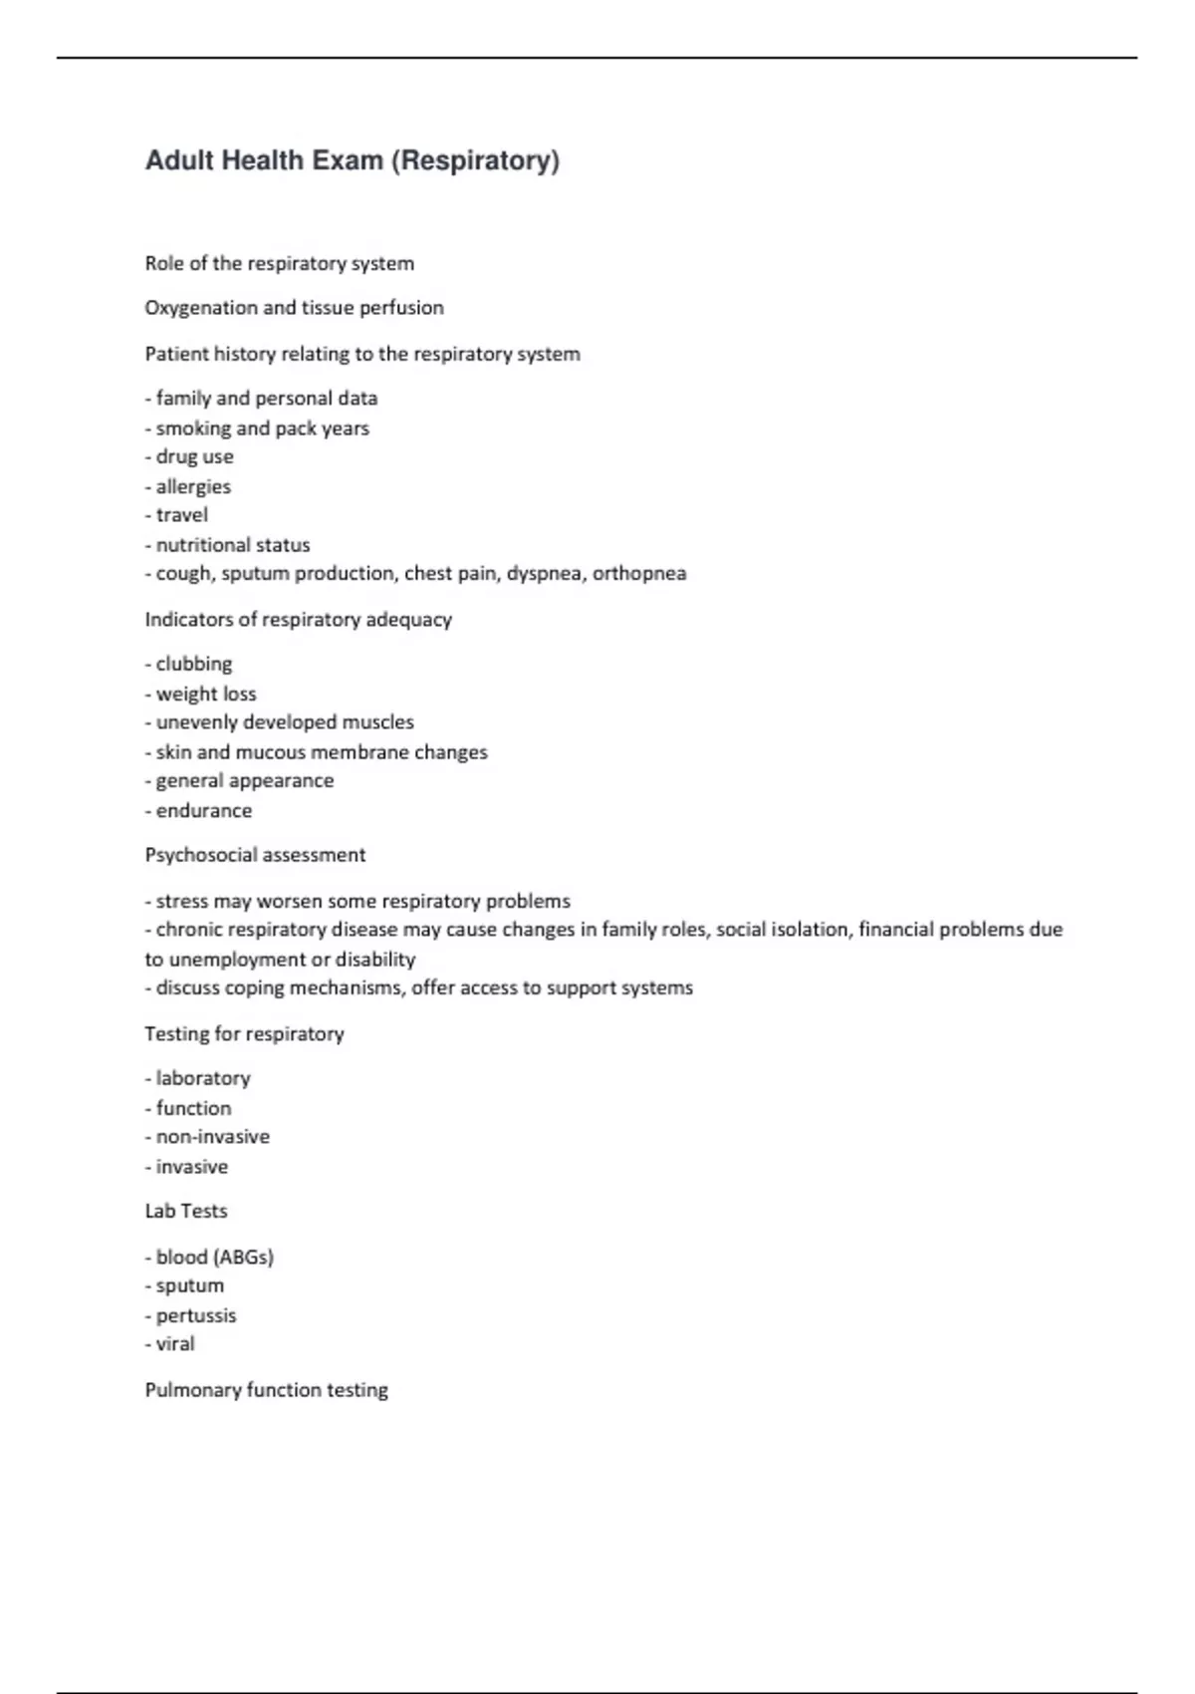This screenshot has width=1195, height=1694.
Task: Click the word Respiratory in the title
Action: click(x=475, y=160)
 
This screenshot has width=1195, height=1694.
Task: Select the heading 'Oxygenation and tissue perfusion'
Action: click(x=294, y=308)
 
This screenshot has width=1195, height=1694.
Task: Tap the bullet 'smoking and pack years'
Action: click(x=262, y=427)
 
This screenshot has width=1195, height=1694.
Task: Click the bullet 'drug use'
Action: click(x=194, y=456)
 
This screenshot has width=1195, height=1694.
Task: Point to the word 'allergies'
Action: click(x=193, y=486)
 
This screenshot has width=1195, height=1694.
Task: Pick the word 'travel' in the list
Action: click(x=181, y=515)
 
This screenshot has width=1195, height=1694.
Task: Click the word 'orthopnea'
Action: click(x=639, y=573)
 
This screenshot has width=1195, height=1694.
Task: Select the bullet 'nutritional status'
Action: click(x=232, y=545)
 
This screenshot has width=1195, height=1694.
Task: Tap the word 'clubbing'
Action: click(x=193, y=664)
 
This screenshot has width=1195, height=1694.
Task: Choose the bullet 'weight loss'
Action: click(x=205, y=694)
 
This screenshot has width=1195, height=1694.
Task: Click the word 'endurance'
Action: click(x=203, y=810)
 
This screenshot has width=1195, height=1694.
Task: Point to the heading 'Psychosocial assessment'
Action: click(x=255, y=855)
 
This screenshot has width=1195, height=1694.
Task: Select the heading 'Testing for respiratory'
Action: click(x=244, y=1033)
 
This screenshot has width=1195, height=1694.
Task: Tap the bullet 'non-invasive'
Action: click(x=212, y=1137)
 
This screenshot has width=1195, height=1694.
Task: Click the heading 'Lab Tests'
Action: click(x=186, y=1211)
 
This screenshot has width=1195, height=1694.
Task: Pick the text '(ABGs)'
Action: click(x=243, y=1257)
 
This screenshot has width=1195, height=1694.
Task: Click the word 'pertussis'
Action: click(x=196, y=1315)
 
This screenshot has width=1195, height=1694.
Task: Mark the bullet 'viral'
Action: click(x=174, y=1344)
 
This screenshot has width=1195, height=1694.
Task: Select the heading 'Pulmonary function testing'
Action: click(x=266, y=1390)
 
